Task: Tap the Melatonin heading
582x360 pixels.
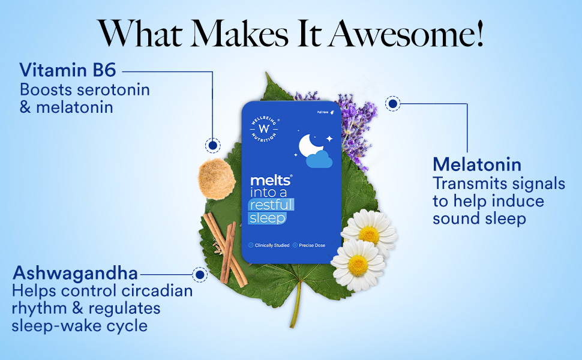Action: (x=477, y=164)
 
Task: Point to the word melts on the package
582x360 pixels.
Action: (x=271, y=181)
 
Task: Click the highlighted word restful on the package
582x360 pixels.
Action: (x=272, y=205)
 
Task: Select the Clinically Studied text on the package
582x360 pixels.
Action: (x=272, y=245)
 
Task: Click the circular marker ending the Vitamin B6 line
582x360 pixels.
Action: (x=212, y=145)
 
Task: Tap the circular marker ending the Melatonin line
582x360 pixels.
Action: (x=392, y=104)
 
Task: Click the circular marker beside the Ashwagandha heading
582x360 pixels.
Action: (x=199, y=275)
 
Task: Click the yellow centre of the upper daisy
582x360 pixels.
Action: (x=370, y=235)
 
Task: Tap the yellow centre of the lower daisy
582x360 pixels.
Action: (x=358, y=265)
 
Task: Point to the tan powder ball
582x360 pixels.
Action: (x=215, y=179)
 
